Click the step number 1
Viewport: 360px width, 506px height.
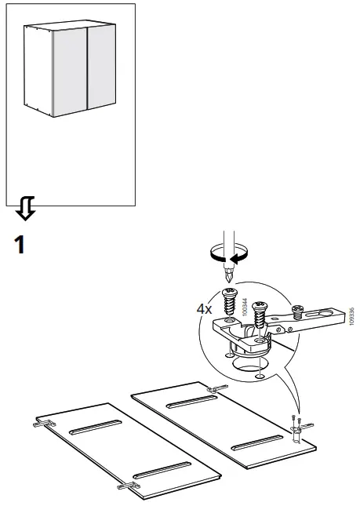[19, 245]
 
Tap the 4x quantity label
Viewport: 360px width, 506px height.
[204, 309]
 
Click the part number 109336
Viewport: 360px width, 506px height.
[351, 318]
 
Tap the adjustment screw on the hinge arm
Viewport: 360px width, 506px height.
[298, 311]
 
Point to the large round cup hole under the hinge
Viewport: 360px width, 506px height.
[249, 366]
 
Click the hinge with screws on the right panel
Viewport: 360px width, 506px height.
[298, 428]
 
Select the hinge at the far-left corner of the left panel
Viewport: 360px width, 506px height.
[42, 423]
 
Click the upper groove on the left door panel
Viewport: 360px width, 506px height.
[93, 427]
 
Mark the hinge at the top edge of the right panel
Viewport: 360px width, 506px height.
[213, 389]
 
